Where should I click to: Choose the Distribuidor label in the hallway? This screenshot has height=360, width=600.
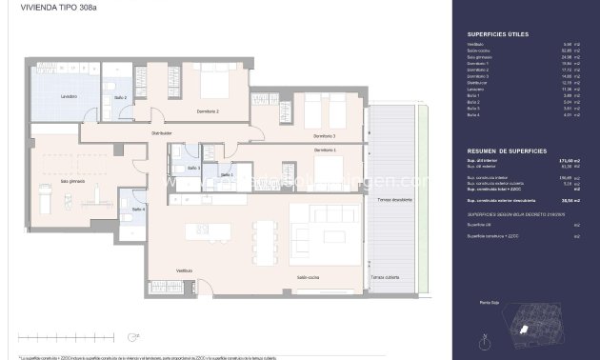click(161, 133)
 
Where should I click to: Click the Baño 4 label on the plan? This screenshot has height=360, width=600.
click(137, 209)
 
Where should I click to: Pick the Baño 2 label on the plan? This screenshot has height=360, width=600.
click(121, 97)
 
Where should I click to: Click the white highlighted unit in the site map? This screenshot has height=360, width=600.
click(522, 329)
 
